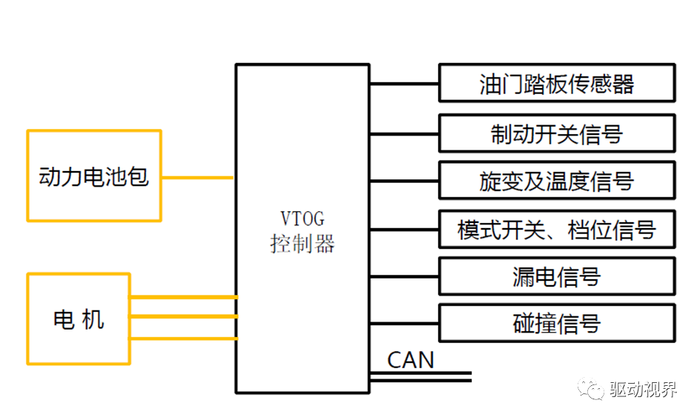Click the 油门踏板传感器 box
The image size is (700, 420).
pos(557,84)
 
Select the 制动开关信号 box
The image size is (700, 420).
pos(557,133)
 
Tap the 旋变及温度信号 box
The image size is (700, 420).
pos(557,180)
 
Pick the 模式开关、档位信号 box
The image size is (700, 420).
pos(557,229)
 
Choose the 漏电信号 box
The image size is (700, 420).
pos(557,276)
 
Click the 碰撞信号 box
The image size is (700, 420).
pos(557,323)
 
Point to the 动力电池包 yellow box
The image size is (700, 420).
pos(94,176)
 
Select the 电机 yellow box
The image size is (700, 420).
pos(79,319)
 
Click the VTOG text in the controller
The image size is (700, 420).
pos(302,219)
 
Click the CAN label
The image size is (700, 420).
pos(410,360)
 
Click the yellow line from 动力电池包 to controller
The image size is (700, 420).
pos(197,178)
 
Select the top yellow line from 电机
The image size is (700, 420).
pos(183,298)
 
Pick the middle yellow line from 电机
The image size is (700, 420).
pos(183,316)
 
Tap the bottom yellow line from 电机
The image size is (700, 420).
pos(183,339)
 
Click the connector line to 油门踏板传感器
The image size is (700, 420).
pos(403,84)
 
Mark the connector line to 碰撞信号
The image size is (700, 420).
pos(403,323)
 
